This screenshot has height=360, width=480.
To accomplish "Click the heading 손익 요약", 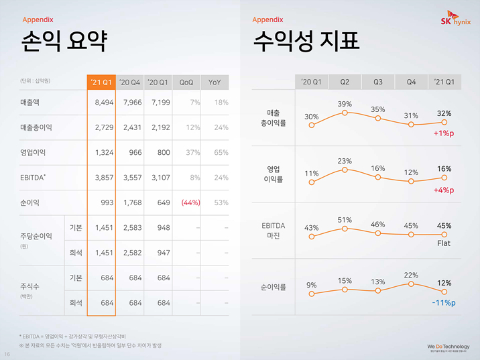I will pos(64,42).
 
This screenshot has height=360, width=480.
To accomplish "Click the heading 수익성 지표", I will pos(306,42).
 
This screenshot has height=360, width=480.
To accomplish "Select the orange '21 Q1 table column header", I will pos(101,82).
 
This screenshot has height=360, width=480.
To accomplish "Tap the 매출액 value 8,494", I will pos(101,103).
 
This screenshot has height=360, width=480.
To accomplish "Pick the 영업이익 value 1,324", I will pos(101,152).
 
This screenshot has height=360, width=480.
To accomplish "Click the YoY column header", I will pos(215,82).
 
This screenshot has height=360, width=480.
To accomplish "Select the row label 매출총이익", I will pos(36,127).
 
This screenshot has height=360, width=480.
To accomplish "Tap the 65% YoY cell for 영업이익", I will pos(221,152).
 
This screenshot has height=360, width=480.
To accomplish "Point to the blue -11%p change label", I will pos(443,303).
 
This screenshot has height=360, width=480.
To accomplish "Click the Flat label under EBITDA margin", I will pos(444,243).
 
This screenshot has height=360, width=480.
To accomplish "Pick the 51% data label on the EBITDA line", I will pos(345,219).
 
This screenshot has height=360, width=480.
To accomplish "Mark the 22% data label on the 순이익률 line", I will pos(411,275).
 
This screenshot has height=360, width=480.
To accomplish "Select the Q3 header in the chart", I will pos(377,82).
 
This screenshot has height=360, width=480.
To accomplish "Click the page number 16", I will pos(7,353).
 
